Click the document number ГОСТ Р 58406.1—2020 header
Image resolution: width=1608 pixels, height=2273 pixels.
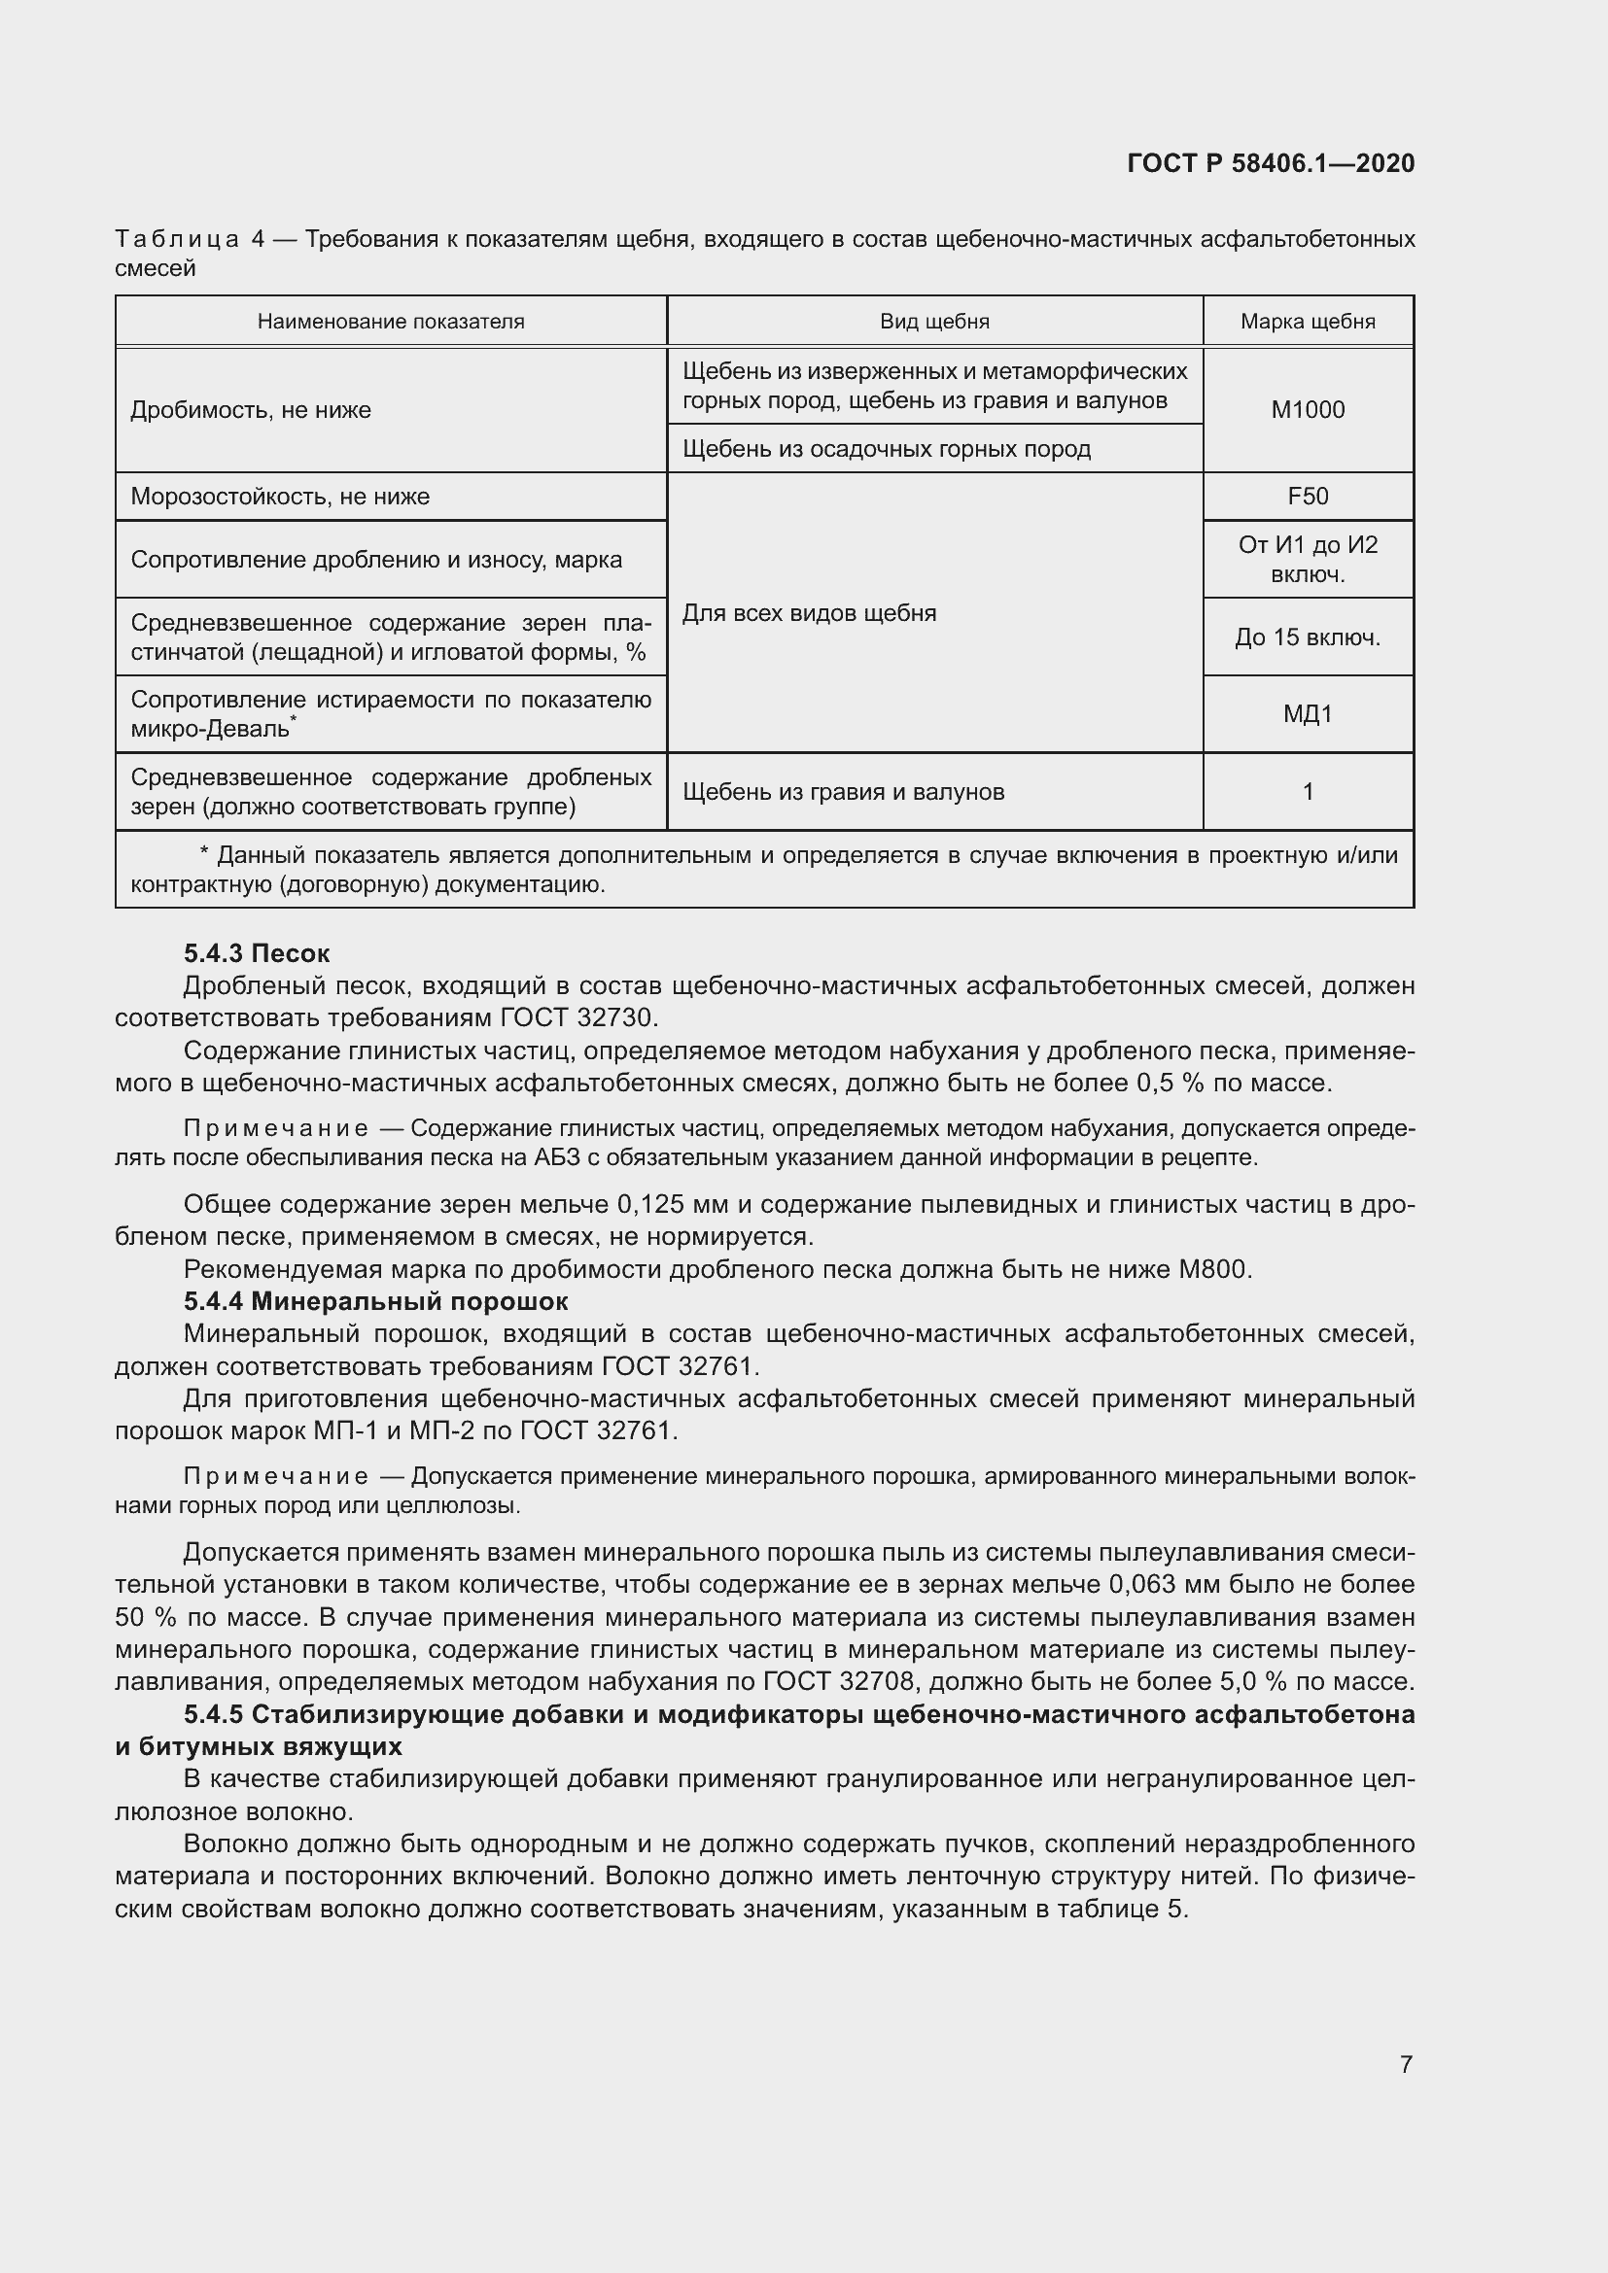point(1271,163)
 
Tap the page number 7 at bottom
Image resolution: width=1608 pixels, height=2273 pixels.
point(1406,2064)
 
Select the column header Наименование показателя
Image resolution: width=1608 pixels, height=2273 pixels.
point(391,322)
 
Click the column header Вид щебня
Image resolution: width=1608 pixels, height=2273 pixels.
point(934,322)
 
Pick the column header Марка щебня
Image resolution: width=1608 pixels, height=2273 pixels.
point(1307,322)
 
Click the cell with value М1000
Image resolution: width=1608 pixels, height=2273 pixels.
point(1307,410)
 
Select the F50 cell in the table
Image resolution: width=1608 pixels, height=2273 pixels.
point(1307,496)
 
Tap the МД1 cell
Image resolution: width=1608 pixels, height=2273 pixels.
point(1307,714)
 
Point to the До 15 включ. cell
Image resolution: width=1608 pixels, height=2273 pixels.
point(1307,637)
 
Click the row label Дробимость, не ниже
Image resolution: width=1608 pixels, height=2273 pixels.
point(251,410)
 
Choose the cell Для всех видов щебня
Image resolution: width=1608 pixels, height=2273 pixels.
point(809,613)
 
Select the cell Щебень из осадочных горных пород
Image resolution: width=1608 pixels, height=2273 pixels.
point(887,448)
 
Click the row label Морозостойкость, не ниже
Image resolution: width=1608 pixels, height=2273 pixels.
point(280,496)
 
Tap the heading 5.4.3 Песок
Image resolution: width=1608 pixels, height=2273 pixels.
point(257,953)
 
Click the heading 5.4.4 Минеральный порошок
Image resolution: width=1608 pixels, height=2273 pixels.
point(375,1301)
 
